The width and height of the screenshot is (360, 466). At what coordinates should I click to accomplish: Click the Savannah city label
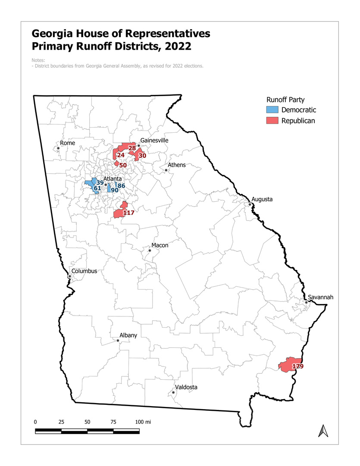pos(321,297)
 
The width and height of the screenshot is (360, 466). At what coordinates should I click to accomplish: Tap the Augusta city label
pos(262,199)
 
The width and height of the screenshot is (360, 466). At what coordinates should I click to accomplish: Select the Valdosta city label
pos(186,387)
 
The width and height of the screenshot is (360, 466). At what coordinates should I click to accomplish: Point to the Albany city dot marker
pos(118,340)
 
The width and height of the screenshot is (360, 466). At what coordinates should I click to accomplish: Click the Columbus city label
pos(84,271)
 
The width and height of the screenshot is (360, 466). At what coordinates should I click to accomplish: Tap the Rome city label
pos(68,143)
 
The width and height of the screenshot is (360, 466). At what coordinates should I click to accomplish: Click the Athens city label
pos(177,165)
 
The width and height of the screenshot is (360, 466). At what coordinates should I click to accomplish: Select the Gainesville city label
pos(154,141)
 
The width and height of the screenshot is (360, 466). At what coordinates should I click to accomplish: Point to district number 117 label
pos(129,213)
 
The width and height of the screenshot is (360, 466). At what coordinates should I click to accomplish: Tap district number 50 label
pos(122,165)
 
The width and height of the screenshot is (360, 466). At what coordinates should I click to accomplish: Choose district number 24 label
pos(121,155)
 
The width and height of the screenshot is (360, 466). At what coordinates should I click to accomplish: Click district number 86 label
pos(121,186)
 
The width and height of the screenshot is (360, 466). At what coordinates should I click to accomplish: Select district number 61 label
pos(97,188)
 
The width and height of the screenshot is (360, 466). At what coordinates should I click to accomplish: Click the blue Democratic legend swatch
pos(272,110)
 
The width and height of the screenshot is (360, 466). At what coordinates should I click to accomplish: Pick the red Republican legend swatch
pos(272,121)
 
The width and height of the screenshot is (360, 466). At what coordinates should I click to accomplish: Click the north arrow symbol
pos(321,430)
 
